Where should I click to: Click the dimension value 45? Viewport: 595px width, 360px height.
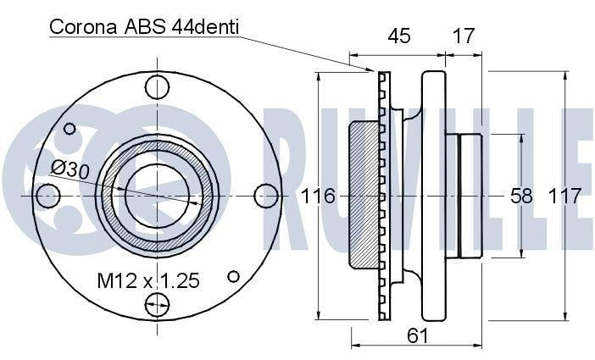[399, 36]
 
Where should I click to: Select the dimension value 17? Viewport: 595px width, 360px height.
[464, 36]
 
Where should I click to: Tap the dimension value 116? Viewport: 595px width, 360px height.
[318, 197]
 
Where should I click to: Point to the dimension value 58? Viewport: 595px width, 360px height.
[521, 197]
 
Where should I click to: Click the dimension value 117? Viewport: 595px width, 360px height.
[564, 197]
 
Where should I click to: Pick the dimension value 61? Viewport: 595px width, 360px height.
[417, 335]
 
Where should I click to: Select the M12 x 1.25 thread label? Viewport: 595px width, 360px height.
[148, 280]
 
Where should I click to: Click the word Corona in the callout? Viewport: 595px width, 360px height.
[83, 27]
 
